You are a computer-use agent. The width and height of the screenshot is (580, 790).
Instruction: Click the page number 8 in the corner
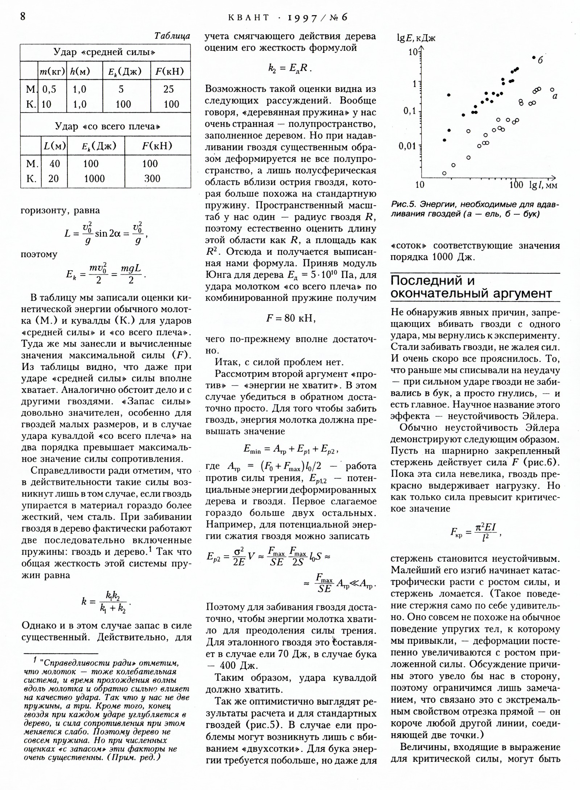(23, 17)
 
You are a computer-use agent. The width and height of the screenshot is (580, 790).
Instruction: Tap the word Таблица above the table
(172, 36)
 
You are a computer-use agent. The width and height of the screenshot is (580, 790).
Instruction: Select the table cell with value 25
(169, 89)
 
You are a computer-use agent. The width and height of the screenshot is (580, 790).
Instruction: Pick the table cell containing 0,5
(49, 89)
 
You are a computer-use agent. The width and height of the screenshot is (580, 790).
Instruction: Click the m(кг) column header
(52, 71)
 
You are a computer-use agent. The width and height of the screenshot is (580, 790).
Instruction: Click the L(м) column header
(54, 146)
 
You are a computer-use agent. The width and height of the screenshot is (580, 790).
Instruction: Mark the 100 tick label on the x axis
(516, 185)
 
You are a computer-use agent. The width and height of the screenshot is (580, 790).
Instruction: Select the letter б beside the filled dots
(540, 60)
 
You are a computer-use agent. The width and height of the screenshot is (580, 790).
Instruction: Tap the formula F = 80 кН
(291, 318)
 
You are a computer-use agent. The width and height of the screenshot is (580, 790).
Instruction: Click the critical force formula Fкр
(475, 533)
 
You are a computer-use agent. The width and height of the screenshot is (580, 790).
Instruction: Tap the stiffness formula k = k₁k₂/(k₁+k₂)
(106, 602)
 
